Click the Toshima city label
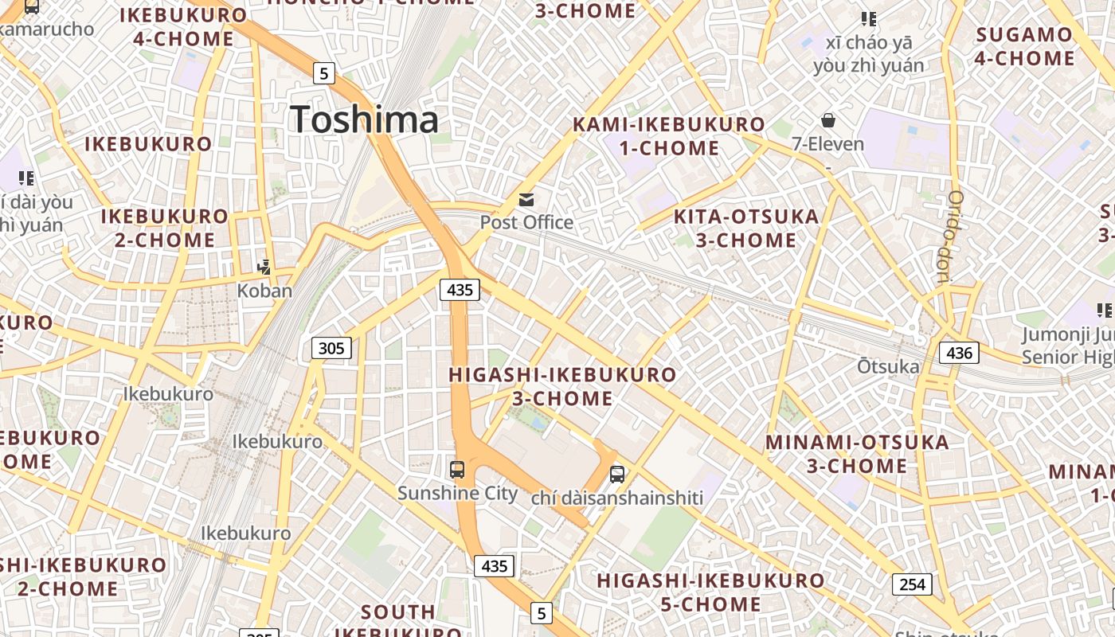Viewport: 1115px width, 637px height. coord(364,119)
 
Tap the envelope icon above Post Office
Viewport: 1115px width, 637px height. coord(526,200)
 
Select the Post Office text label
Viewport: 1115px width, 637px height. coord(526,222)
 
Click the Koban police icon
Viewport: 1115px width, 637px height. coord(264,268)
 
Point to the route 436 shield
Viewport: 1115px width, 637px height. coord(958,352)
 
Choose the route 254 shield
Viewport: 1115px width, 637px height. coord(912,584)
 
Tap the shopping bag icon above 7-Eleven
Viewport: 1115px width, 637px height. coord(828,120)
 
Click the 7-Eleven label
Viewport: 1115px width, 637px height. coord(828,144)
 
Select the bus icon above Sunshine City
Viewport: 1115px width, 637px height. coord(457,470)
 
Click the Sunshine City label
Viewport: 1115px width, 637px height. coord(458,494)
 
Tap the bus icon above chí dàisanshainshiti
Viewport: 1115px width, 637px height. coord(617,475)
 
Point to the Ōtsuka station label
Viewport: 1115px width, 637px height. coord(888,367)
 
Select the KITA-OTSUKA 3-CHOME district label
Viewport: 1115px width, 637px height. coord(746,228)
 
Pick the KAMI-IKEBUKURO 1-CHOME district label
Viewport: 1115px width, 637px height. coord(669,136)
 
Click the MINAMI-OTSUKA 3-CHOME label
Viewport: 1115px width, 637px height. coord(857,454)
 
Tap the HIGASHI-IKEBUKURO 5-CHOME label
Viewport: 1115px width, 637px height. coord(710,592)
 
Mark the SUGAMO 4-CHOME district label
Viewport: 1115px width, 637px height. coord(1024,46)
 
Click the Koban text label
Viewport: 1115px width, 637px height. coord(264,291)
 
